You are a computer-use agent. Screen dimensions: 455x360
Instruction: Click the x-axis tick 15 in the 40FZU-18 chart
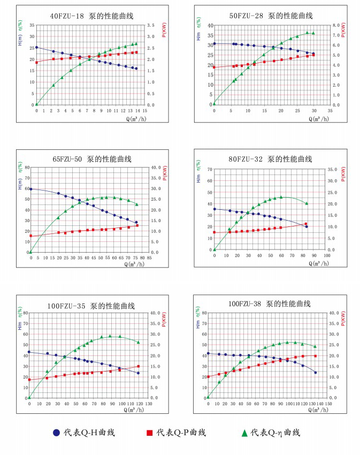coord(145,110)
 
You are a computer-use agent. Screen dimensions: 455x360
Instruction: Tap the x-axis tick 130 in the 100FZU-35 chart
coord(148,404)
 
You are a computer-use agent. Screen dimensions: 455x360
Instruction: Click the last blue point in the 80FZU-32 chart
coord(307,226)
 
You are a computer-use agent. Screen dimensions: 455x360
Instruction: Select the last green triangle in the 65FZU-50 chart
coord(136,204)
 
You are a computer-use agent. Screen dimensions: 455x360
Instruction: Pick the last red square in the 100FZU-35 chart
coord(138,367)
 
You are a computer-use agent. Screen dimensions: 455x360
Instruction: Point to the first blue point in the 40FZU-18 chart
coord(36,47)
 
